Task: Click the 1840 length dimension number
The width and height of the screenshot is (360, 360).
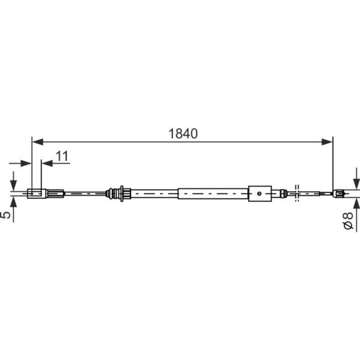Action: tap(183, 134)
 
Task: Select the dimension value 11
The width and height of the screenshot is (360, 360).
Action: tap(62, 156)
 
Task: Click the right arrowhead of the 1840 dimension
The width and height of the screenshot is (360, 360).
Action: tap(327, 142)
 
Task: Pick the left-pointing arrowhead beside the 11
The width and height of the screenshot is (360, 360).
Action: tap(47, 163)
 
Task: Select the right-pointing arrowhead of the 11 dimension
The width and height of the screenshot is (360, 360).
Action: tap(26, 163)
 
